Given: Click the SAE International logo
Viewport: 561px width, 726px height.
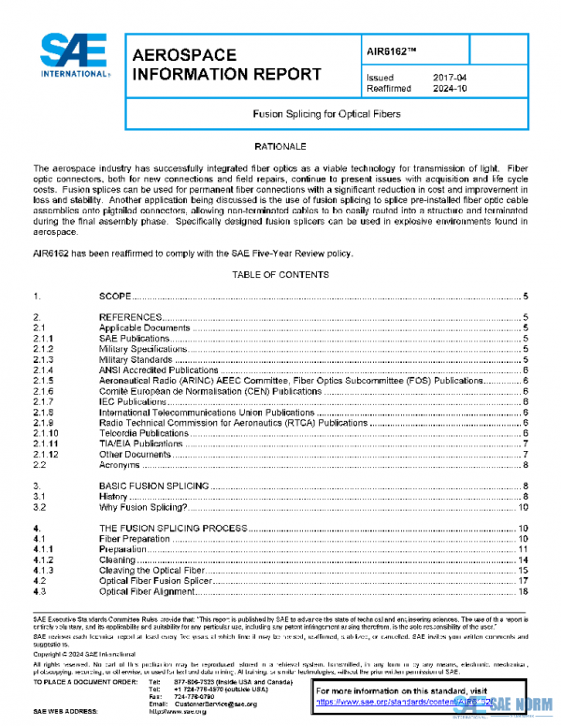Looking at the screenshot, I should [x=76, y=56].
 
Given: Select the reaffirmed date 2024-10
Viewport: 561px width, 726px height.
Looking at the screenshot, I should [x=450, y=91].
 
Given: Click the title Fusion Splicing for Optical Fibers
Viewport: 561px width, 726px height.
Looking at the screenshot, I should [x=327, y=114].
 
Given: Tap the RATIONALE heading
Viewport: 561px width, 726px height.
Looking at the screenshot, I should [x=280, y=147].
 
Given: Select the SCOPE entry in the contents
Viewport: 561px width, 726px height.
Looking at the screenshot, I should [x=115, y=296].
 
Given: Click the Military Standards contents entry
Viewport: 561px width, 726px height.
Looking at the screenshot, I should [x=136, y=359].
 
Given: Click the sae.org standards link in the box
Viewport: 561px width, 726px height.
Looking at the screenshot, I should [x=402, y=701].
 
